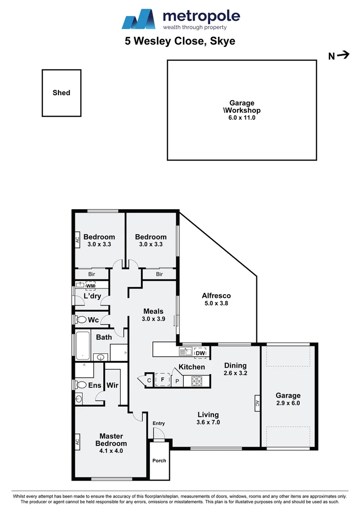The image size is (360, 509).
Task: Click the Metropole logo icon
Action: pos(139,19)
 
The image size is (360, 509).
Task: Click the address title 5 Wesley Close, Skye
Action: pos(180,41)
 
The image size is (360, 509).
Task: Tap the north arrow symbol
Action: pos(344,56)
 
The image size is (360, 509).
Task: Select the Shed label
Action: pos(61,93)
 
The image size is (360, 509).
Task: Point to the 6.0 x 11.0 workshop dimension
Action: pos(241,118)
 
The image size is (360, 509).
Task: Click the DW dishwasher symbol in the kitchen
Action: pos(200,353)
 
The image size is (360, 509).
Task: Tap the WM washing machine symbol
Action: pos(90,286)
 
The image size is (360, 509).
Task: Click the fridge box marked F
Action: pos(162,379)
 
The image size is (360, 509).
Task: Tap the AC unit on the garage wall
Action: pos(257,403)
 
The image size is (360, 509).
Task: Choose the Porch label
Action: pos(159,460)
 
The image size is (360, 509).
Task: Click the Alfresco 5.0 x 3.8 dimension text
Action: pos(216,304)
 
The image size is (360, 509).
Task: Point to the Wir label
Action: pos(112,386)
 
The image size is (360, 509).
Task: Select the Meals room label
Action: pos(154,311)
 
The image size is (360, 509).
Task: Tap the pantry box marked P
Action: pos(177,381)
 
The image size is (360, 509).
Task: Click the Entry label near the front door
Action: pos(159,423)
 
